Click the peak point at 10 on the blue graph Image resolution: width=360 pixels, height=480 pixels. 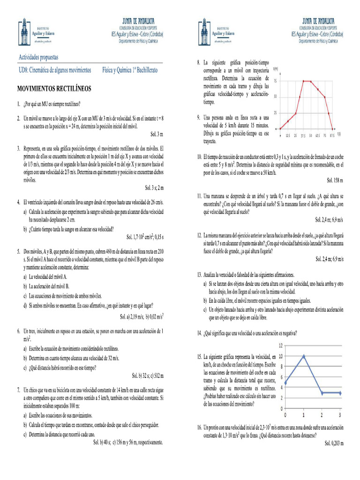(303, 356)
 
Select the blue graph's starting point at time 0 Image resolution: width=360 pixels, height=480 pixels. (285, 382)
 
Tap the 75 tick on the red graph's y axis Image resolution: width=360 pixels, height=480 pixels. (275, 81)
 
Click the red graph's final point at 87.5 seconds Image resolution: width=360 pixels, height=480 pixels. (333, 129)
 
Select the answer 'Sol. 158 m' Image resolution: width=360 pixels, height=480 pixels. (335, 180)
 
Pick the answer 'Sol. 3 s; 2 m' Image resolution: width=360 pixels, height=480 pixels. (154, 187)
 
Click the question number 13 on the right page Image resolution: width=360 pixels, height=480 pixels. (199, 274)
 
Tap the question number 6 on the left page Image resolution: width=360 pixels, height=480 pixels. (19, 331)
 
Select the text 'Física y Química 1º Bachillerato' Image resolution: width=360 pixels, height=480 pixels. (130, 70)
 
